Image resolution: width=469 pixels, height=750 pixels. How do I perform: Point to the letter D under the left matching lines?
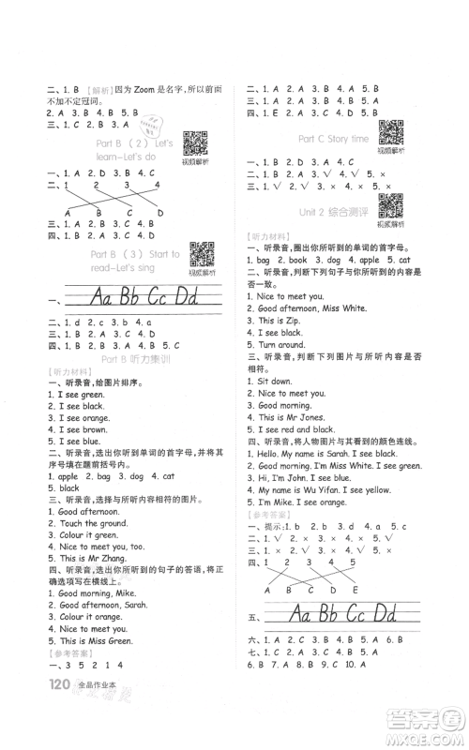(159, 213)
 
